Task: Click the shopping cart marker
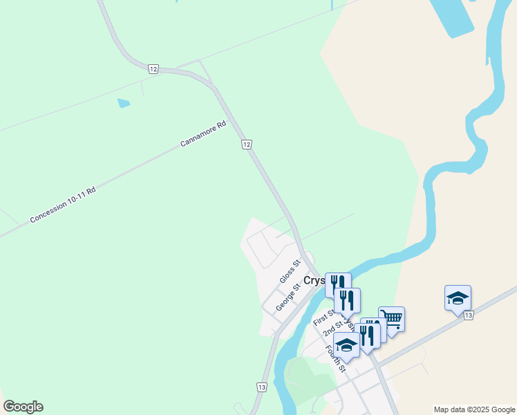click(x=391, y=320)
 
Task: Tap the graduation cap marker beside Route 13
click(x=458, y=298)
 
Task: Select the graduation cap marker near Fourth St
click(x=346, y=344)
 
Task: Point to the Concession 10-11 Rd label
click(x=62, y=204)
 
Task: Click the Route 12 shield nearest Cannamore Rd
click(x=247, y=144)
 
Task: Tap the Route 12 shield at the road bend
click(x=153, y=68)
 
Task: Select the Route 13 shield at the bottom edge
click(x=261, y=387)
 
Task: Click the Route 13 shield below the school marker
click(x=469, y=315)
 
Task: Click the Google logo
click(x=23, y=407)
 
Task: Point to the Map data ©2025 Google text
click(x=474, y=409)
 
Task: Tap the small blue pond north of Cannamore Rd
click(x=124, y=103)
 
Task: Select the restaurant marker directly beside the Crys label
click(x=337, y=285)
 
